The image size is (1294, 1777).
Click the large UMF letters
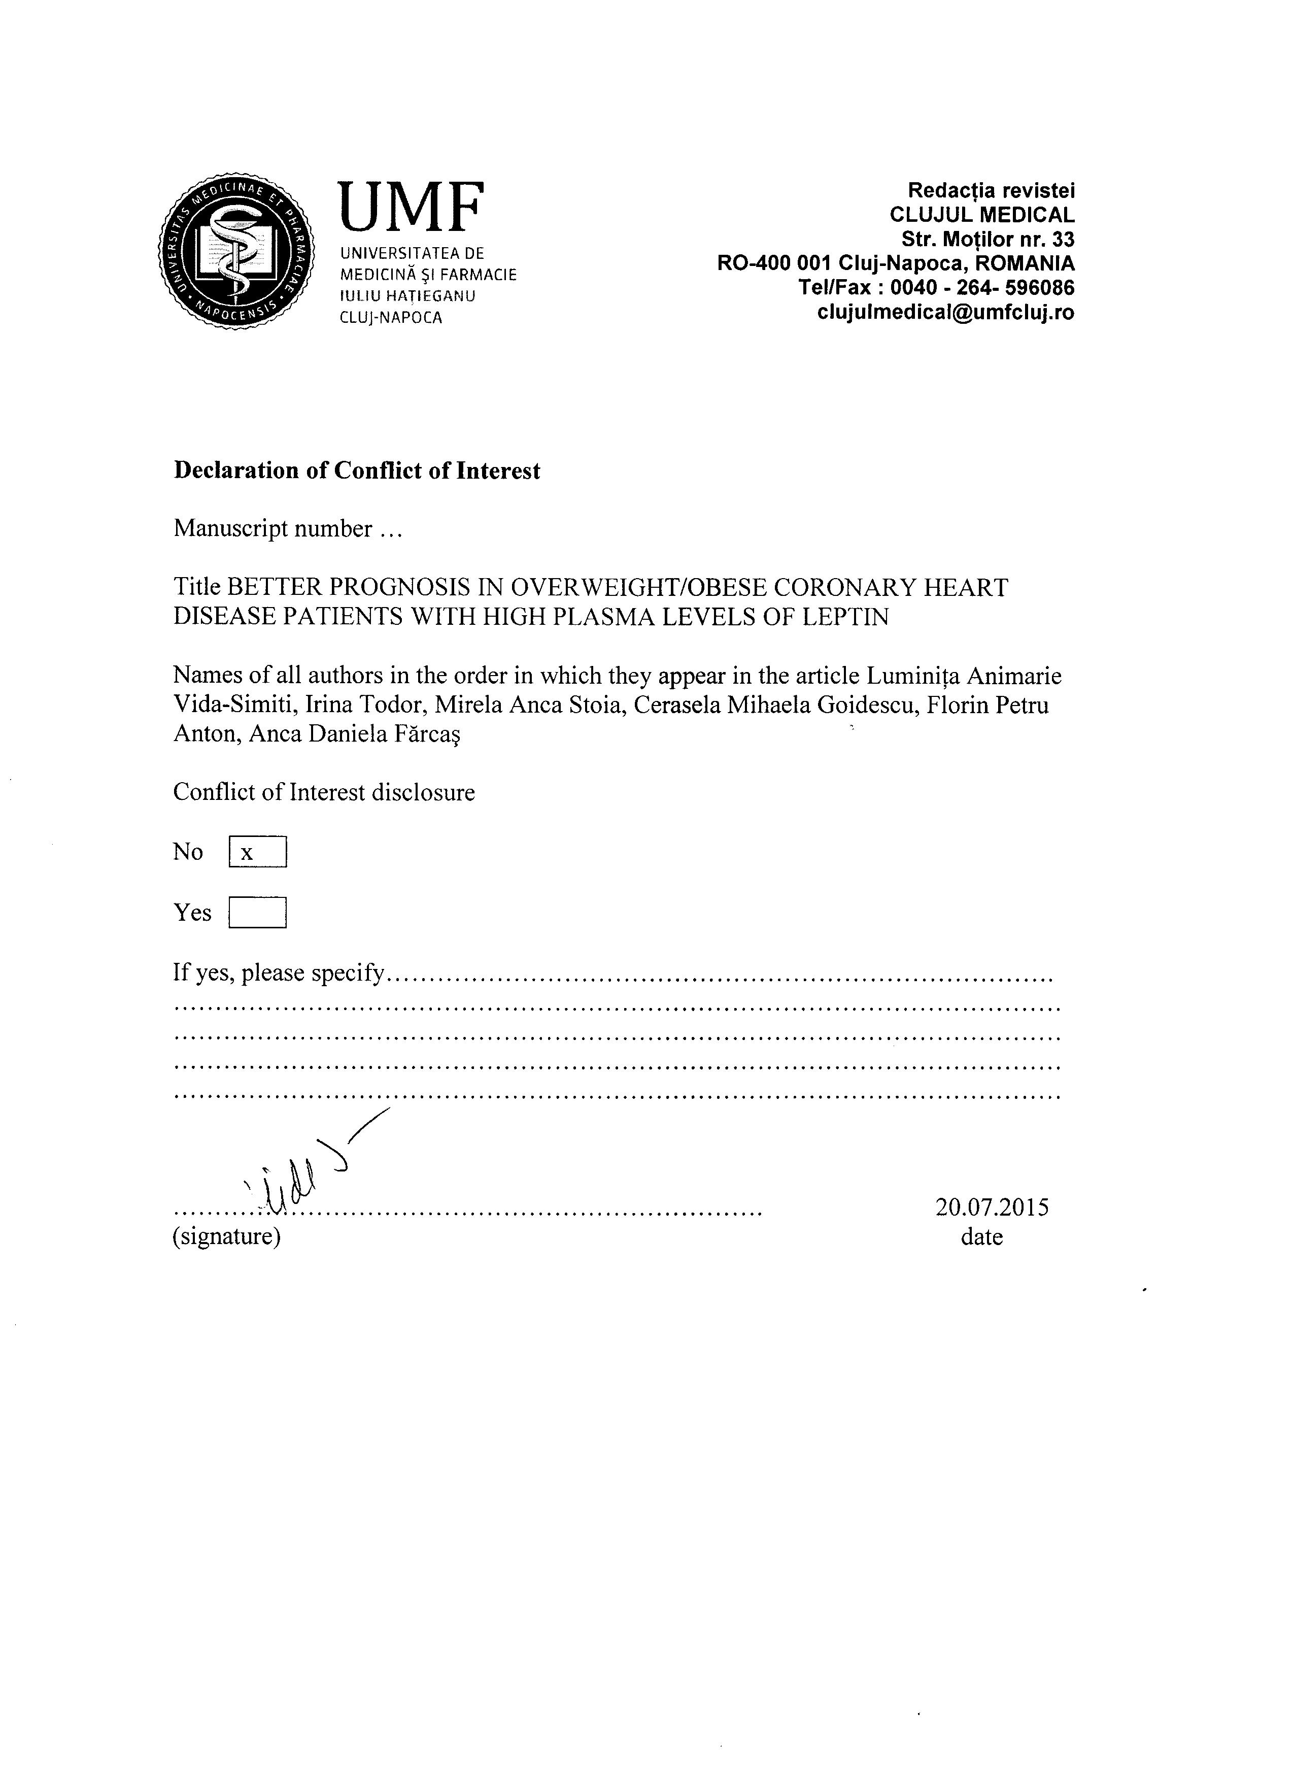(411, 207)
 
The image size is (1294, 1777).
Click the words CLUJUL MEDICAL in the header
(982, 215)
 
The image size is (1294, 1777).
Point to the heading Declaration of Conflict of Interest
(356, 471)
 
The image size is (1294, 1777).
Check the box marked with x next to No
(258, 852)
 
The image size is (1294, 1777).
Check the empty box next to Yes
(258, 913)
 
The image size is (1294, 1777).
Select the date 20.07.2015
(992, 1208)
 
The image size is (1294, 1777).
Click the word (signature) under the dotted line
(226, 1237)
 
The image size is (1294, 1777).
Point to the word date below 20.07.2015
(981, 1237)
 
